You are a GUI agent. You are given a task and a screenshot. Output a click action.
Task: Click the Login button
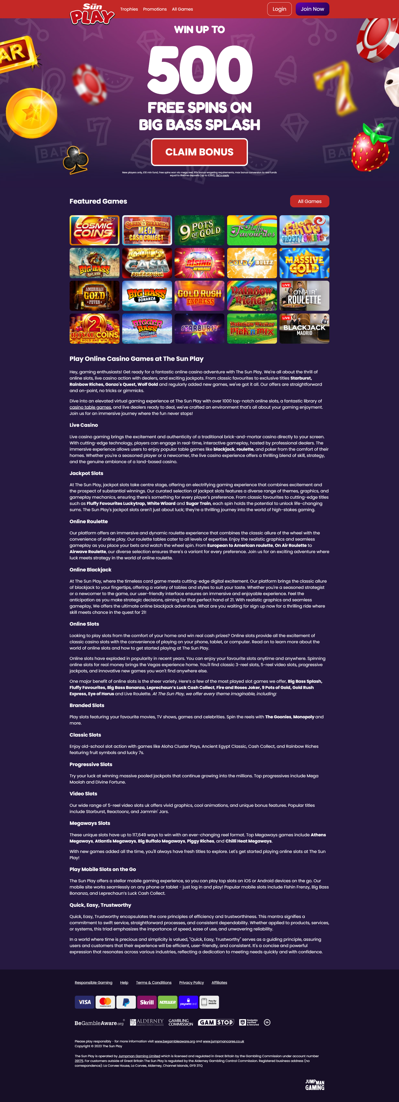coord(279,9)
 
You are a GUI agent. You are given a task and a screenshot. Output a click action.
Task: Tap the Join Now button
coord(312,9)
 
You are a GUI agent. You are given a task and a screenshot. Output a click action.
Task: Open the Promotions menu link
coord(155,9)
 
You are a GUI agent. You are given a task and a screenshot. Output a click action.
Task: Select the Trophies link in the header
coord(129,9)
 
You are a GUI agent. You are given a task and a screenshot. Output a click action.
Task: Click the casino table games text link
coord(90,407)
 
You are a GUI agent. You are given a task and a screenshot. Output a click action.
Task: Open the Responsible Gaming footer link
coord(93,983)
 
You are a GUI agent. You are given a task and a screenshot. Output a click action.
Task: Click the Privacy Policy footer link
coord(191,983)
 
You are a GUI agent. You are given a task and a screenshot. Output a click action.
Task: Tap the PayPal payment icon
coord(126,1002)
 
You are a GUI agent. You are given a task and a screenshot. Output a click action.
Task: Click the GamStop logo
coord(216,1022)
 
